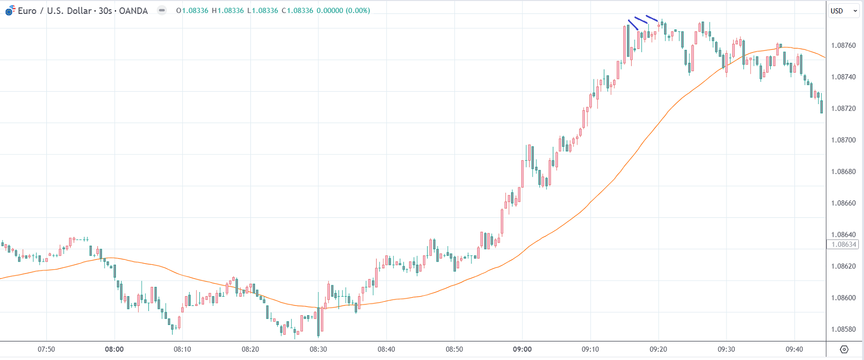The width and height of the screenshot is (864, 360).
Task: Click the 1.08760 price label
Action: (x=843, y=45)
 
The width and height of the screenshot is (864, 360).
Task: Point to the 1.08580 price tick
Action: (x=843, y=329)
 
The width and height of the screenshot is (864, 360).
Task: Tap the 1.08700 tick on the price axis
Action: (x=843, y=140)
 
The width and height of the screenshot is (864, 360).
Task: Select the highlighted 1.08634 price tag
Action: (x=843, y=245)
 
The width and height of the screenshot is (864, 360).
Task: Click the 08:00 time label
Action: (x=114, y=349)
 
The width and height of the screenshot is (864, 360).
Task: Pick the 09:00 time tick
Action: (x=522, y=349)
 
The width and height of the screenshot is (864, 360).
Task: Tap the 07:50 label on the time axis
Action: (x=46, y=349)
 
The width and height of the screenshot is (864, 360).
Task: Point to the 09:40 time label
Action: (x=794, y=349)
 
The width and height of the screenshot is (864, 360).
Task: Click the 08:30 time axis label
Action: (x=318, y=349)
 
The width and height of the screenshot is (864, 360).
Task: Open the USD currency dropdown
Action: (x=843, y=11)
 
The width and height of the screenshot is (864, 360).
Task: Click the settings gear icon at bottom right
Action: (x=844, y=349)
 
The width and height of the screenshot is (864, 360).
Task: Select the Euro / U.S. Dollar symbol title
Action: (x=55, y=11)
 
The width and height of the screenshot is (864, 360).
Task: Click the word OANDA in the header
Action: (x=133, y=11)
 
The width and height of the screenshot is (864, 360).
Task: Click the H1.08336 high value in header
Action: (x=228, y=11)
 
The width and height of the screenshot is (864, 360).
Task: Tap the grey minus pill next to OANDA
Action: (x=162, y=10)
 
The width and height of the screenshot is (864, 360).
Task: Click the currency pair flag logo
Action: (x=10, y=10)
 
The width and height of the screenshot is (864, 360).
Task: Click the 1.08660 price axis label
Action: (x=843, y=203)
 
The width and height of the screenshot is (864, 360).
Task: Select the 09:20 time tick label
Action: (x=658, y=349)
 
